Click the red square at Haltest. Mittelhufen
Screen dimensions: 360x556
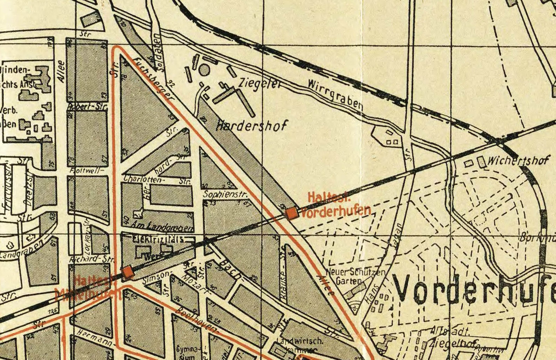127,272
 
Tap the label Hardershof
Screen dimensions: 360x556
252,125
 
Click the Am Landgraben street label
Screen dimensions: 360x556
163,226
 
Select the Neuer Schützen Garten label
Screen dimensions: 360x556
355,276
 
